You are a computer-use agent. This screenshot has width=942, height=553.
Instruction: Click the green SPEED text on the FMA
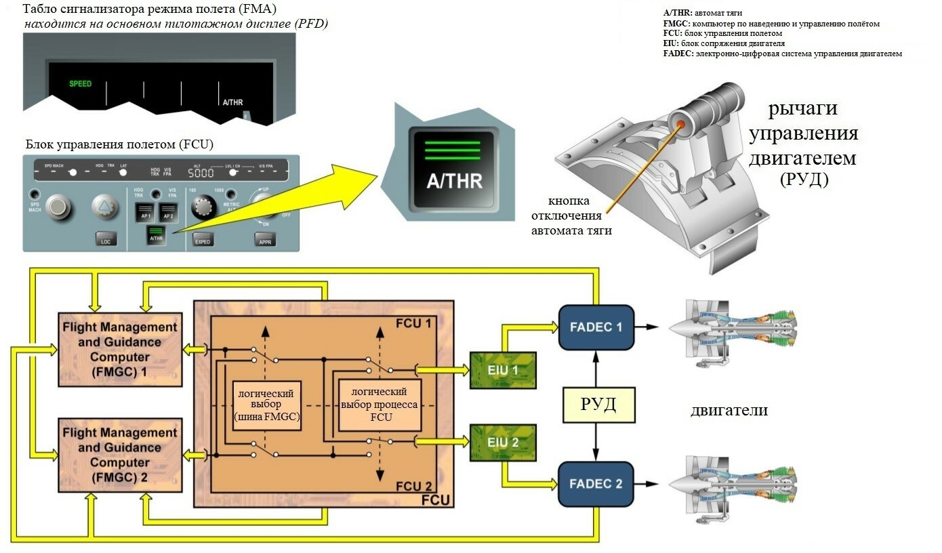[x=80, y=84]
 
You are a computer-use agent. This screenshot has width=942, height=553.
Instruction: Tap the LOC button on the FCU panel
[x=105, y=240]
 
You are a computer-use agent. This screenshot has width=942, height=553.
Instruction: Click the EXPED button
[x=202, y=240]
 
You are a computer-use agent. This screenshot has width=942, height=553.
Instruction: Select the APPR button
[x=265, y=240]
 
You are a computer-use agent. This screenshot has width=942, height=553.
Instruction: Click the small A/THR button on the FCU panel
[x=156, y=235]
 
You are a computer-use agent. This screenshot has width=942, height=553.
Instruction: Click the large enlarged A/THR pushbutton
[x=454, y=166]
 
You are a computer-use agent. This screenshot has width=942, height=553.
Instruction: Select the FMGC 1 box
[x=119, y=349]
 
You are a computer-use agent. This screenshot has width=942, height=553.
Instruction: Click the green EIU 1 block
[x=503, y=370]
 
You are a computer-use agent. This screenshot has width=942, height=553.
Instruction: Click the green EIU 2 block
[x=503, y=443]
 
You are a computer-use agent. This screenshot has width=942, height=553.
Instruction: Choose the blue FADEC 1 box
[x=596, y=327]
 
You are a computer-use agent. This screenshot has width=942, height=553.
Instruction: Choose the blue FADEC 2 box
[x=596, y=484]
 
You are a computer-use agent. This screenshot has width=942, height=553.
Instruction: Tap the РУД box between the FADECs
[x=598, y=405]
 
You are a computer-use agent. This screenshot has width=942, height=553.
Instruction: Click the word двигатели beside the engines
[x=729, y=410]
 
